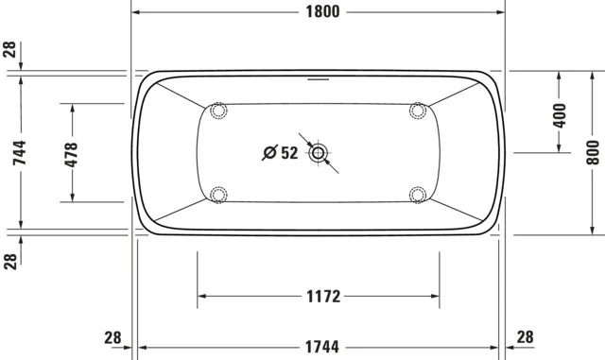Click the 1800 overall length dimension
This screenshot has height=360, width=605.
(318, 12)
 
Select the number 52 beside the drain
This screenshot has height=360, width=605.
(288, 152)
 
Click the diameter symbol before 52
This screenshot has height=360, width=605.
(268, 152)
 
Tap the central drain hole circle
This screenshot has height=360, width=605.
(318, 152)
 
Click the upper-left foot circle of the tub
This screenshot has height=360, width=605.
(219, 111)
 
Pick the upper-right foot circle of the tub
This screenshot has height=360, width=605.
(417, 111)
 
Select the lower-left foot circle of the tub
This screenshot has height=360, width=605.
(219, 195)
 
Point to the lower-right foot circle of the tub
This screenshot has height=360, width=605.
(417, 195)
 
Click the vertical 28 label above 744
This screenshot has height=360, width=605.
(10, 50)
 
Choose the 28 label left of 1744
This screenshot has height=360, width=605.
(112, 337)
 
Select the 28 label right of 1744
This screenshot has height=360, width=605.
(526, 337)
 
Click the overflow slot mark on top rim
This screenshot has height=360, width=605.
(318, 79)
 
